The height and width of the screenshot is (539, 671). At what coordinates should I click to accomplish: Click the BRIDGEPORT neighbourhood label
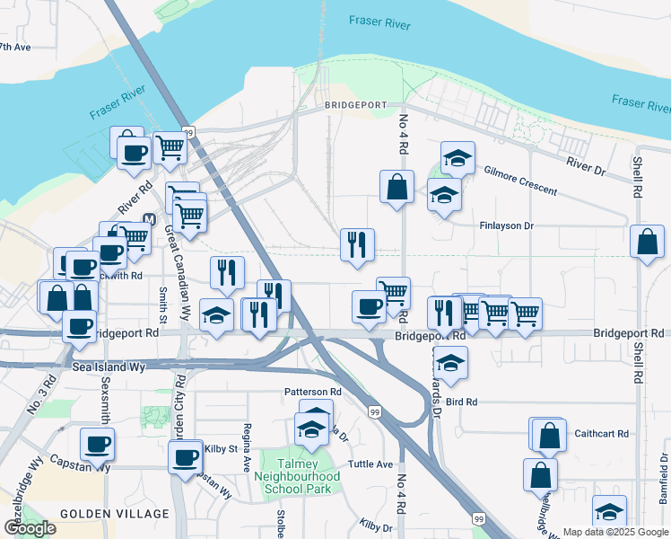coord(355,107)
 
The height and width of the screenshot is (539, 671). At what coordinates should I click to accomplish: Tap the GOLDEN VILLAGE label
coord(114,514)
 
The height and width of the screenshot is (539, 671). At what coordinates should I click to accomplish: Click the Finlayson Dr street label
coord(507,226)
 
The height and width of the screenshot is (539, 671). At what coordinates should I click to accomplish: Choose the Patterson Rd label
coord(312,392)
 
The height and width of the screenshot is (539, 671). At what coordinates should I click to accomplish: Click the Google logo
coord(29,528)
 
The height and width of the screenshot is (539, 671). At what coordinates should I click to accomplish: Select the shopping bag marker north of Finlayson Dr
coord(396,188)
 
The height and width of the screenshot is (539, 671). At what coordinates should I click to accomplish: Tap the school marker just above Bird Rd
coord(450,362)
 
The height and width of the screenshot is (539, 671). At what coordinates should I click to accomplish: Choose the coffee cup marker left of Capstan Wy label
coord(97,443)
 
